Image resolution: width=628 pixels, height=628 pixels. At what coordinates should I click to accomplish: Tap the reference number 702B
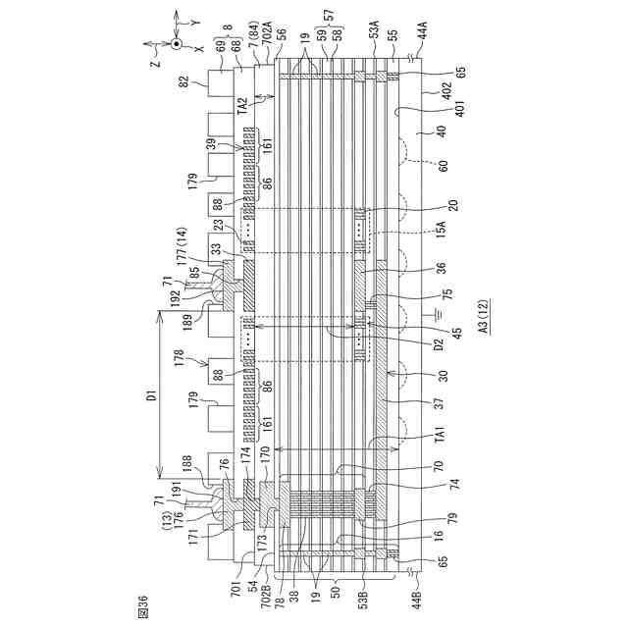[x=268, y=593]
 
